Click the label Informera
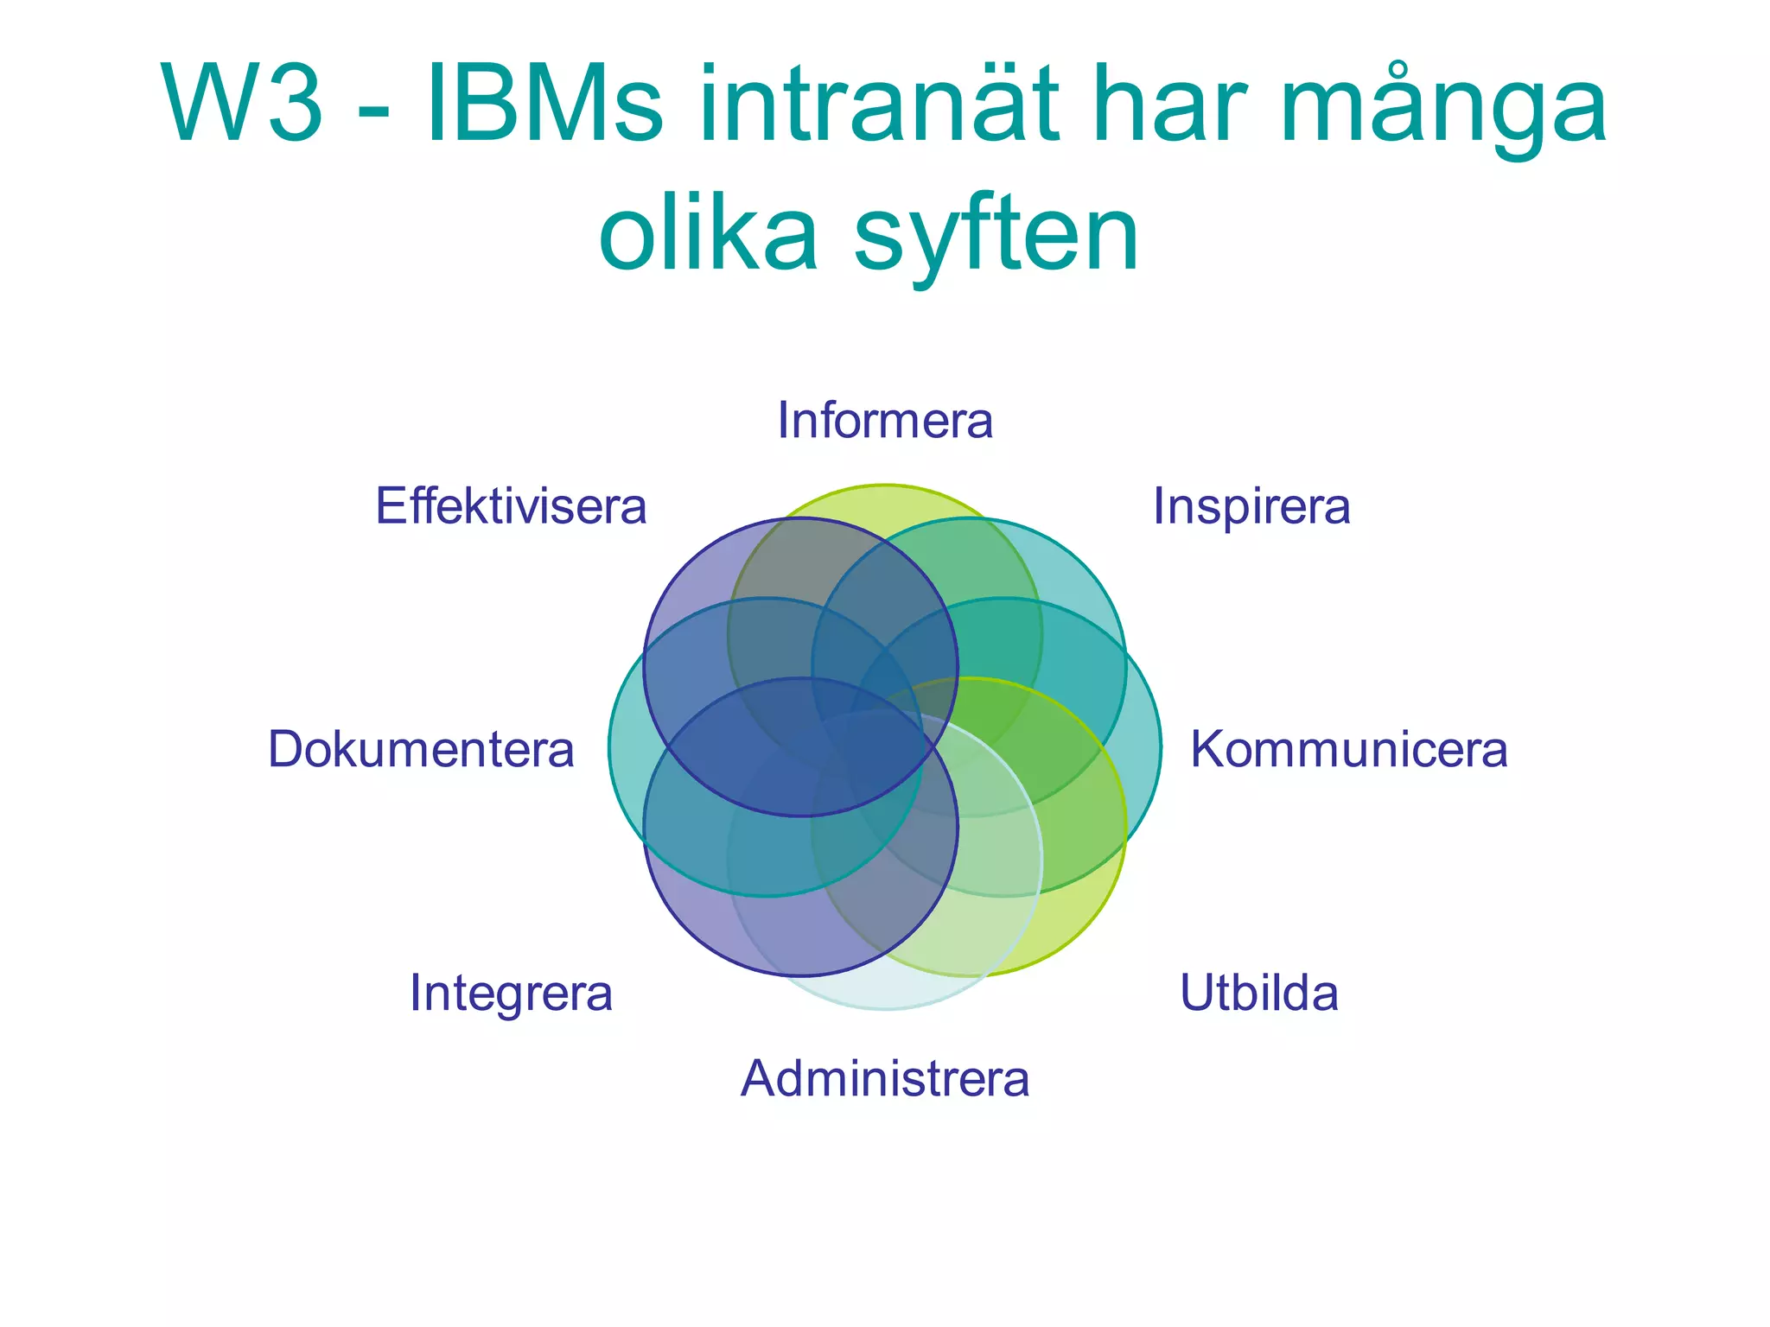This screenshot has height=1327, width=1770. pos(885,421)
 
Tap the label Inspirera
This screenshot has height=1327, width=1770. pos(1251,506)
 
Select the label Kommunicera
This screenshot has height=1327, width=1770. pos(1348,749)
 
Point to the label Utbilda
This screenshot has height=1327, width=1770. pos(1258,993)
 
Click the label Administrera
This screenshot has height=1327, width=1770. pos(885,1079)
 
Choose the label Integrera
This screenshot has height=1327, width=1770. pos(511,993)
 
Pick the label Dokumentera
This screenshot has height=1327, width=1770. pos(421,749)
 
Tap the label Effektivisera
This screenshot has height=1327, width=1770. pos(511,506)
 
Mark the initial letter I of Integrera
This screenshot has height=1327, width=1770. pos(416,993)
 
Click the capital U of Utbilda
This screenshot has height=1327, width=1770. pos(1196,993)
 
